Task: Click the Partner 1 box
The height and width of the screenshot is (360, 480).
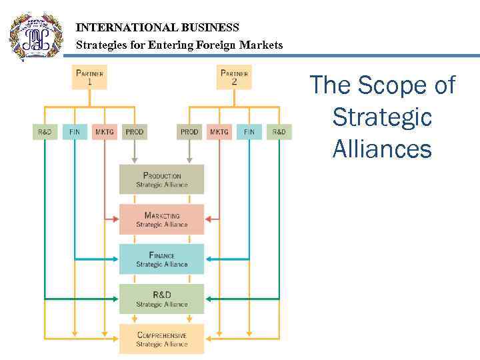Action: [x=89, y=77]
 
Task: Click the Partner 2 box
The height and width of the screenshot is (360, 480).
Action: [x=234, y=77]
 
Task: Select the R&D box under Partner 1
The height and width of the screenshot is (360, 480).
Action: [x=45, y=132]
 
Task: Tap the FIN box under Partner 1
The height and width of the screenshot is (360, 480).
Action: [x=75, y=132]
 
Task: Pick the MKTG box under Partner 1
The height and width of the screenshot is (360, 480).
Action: [x=105, y=132]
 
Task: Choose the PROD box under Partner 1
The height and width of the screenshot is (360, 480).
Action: [x=135, y=132]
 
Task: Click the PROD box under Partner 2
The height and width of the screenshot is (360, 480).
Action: [x=189, y=132]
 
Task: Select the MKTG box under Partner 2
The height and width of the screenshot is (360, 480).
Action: [x=219, y=132]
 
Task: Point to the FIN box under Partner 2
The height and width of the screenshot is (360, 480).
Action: [x=249, y=132]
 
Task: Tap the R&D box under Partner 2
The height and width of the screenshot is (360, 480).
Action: [x=279, y=132]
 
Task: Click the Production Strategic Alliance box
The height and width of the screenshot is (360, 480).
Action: [x=162, y=180]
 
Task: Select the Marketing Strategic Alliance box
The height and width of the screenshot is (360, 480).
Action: [x=162, y=219]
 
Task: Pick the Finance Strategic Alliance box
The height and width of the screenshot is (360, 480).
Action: [x=162, y=259]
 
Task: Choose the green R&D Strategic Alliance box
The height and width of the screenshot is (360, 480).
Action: [x=162, y=299]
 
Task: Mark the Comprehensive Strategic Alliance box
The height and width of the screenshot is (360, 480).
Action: [x=162, y=339]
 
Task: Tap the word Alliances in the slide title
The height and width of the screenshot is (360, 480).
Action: [x=382, y=149]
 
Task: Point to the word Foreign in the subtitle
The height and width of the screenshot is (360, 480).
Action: [x=218, y=45]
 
